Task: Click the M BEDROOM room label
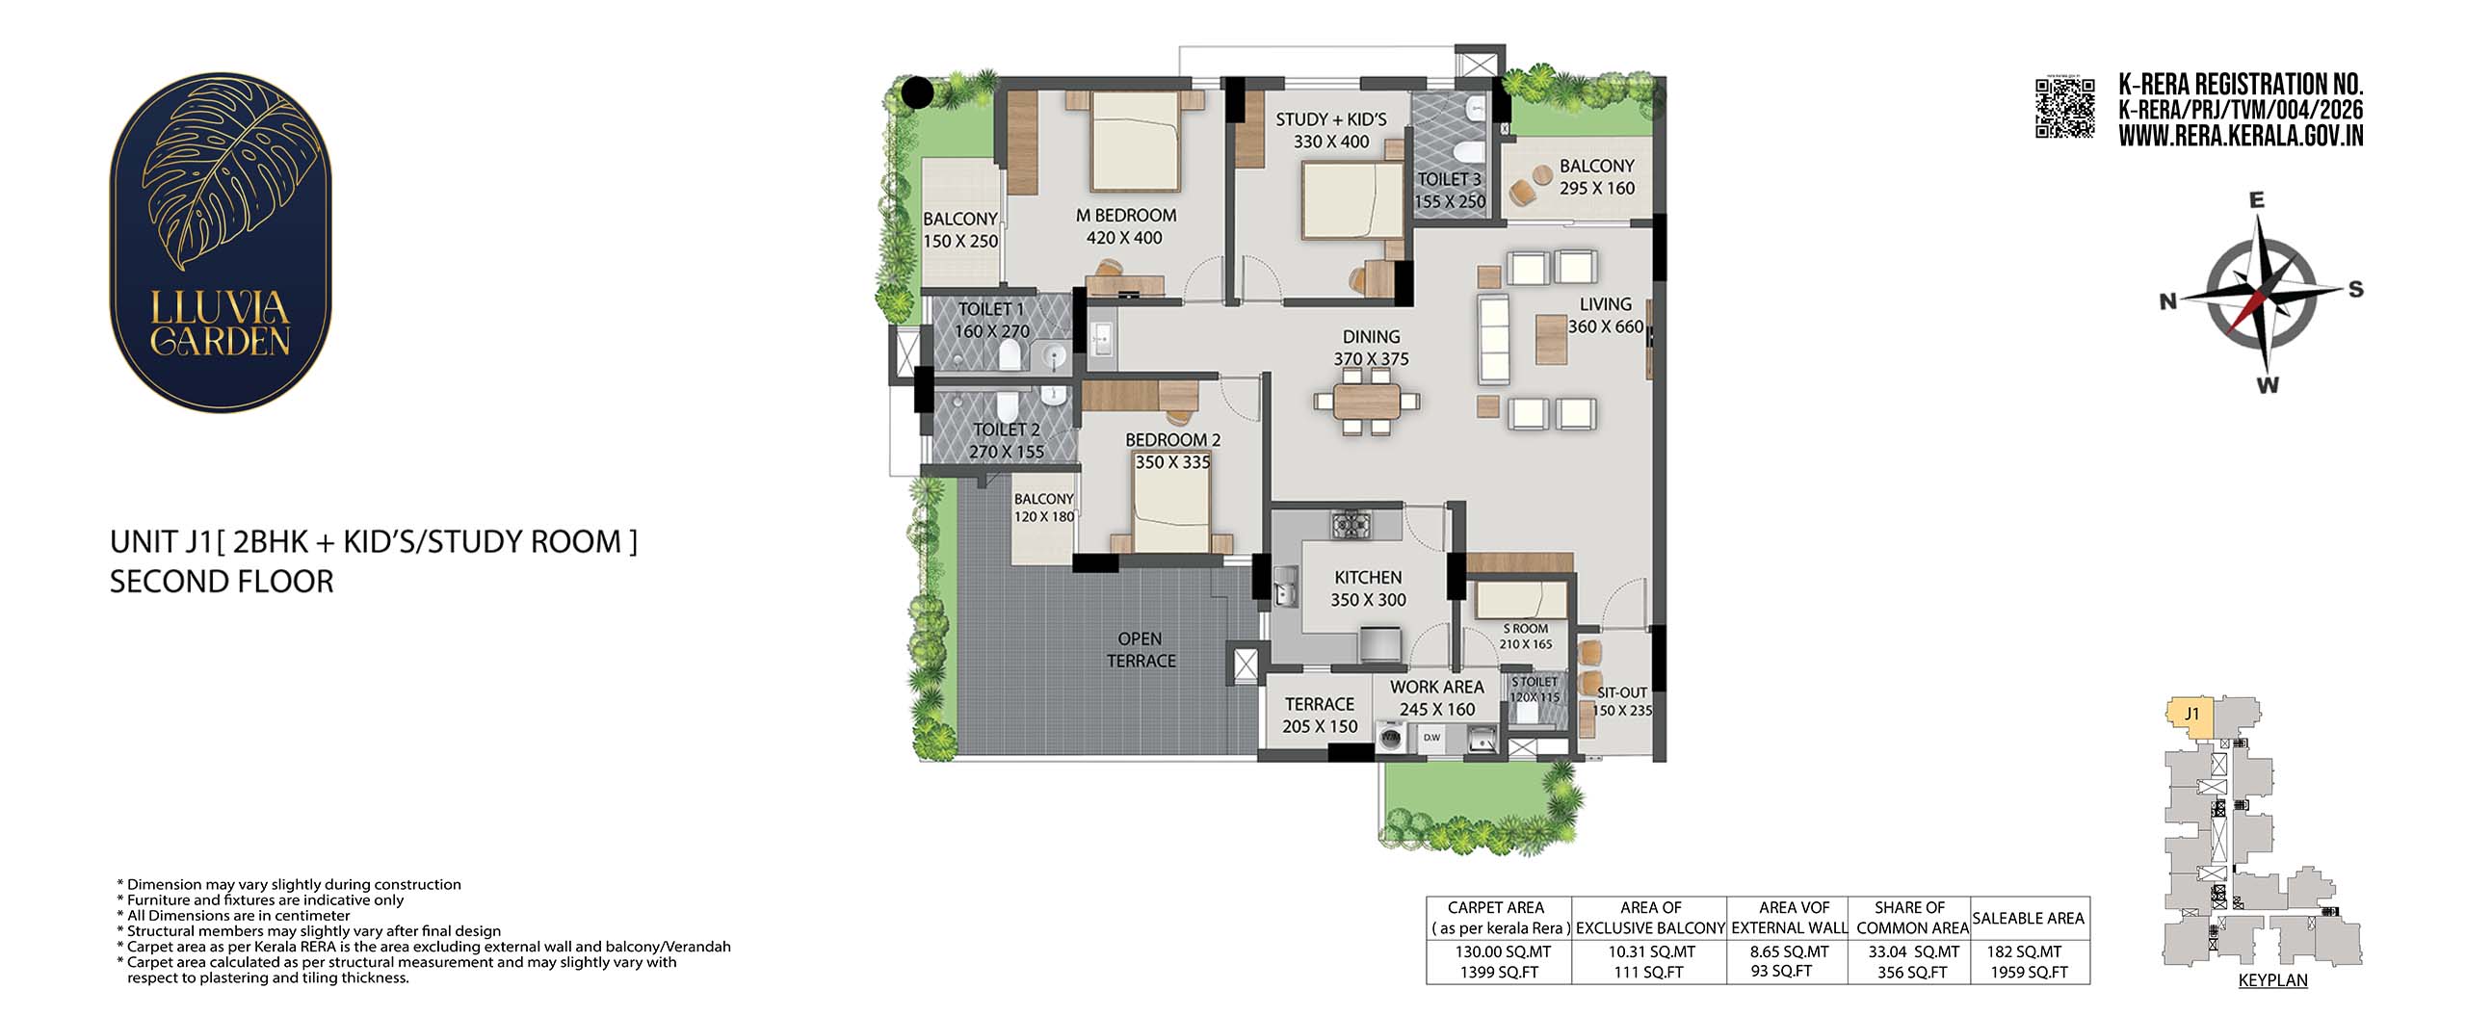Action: tap(1125, 216)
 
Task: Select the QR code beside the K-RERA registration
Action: tap(2065, 108)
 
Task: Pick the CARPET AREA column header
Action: tap(1495, 907)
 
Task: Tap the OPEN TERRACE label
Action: tap(1141, 650)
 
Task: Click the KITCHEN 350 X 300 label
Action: tap(1368, 588)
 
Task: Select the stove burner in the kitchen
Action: tap(1352, 524)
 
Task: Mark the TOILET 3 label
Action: tap(1449, 179)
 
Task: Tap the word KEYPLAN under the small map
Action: tap(2272, 980)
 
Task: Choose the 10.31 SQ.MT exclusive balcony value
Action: tap(1651, 951)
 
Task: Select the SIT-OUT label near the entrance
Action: tap(1622, 692)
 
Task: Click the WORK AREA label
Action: tap(1436, 687)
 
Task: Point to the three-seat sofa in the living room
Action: tap(1496, 340)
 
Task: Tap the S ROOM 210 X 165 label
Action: tap(1526, 637)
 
